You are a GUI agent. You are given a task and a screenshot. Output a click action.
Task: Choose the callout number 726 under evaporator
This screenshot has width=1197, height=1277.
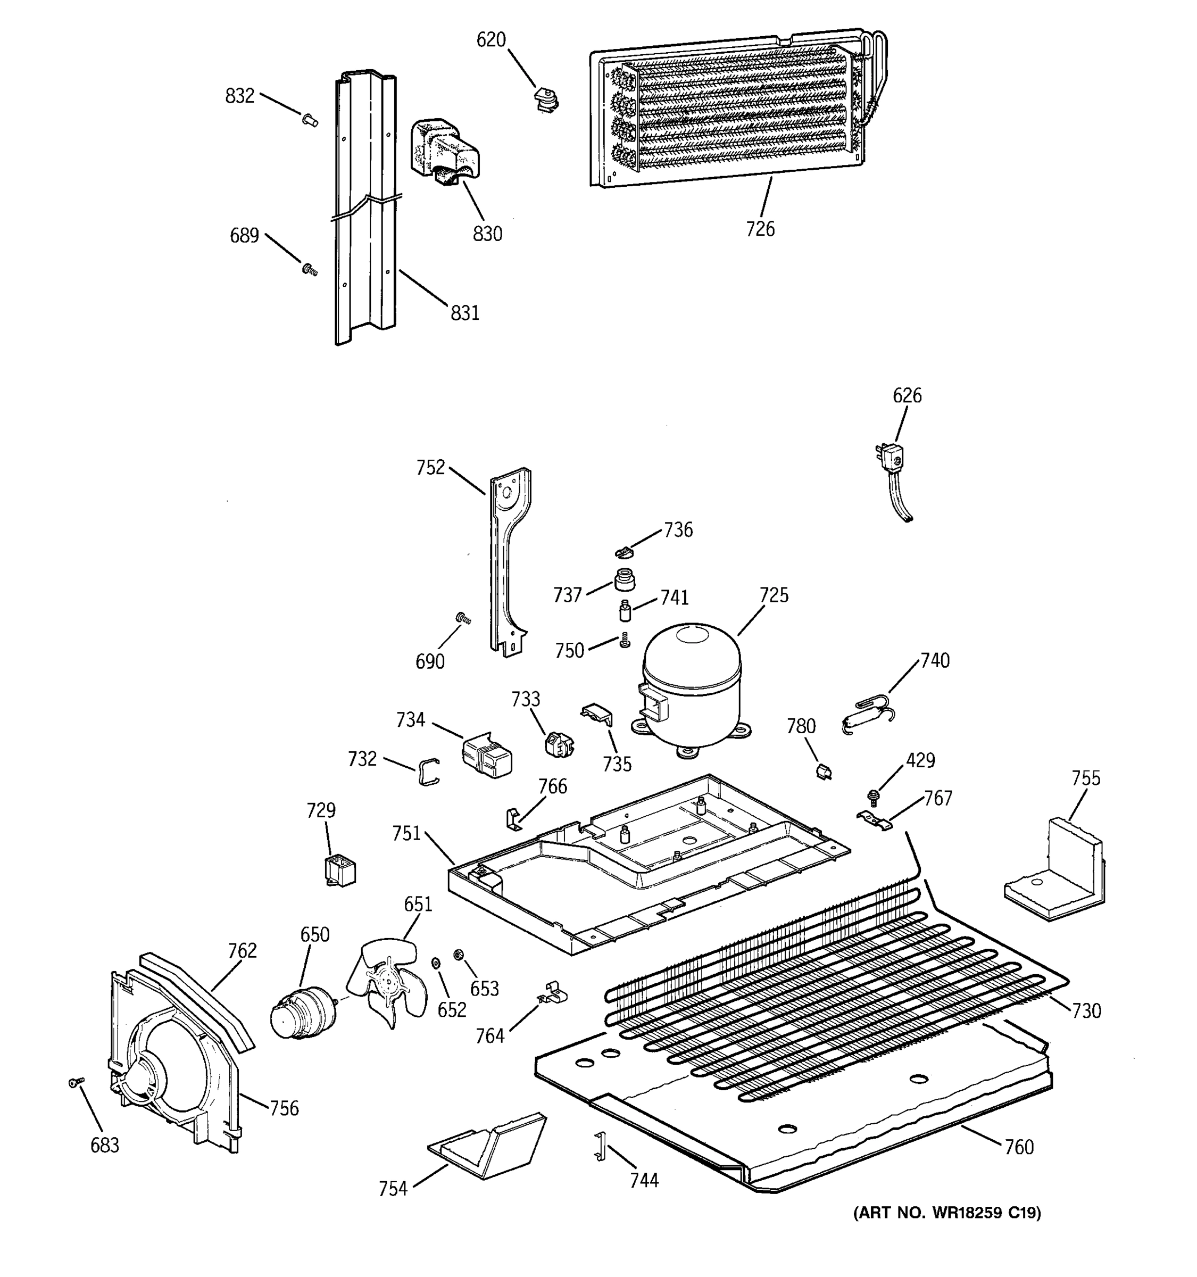(x=760, y=229)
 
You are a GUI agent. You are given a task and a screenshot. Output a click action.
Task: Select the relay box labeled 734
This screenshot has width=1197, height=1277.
(x=486, y=756)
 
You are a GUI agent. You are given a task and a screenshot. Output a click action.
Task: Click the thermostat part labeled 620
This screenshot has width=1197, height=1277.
(x=546, y=100)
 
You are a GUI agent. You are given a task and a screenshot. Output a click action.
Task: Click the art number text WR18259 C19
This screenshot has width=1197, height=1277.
(x=946, y=1213)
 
